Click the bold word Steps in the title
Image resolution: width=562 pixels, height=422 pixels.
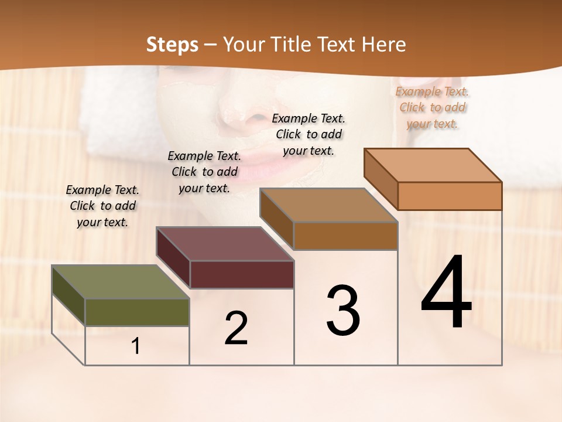pyautogui.click(x=172, y=45)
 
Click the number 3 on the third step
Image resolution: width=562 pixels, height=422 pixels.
pyautogui.click(x=343, y=310)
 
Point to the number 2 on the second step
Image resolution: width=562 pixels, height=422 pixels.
pyautogui.click(x=236, y=328)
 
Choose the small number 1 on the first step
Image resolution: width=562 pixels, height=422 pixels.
pyautogui.click(x=136, y=346)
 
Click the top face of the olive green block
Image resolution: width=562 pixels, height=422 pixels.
pyautogui.click(x=121, y=282)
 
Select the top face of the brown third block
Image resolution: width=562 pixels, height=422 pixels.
pyautogui.click(x=329, y=205)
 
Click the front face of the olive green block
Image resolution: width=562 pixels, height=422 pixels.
pyautogui.click(x=137, y=312)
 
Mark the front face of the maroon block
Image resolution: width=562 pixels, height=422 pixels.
pyautogui.click(x=241, y=274)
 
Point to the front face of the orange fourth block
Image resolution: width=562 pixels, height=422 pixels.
pyautogui.click(x=450, y=196)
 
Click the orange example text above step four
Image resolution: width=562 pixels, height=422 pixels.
pyautogui.click(x=433, y=108)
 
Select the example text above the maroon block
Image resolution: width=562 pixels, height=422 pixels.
pyautogui.click(x=204, y=172)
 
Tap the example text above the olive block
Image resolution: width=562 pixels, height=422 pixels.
pyautogui.click(x=102, y=206)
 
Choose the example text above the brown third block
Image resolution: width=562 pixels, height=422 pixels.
pyautogui.click(x=309, y=134)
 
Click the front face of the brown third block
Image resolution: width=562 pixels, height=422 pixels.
pyautogui.click(x=345, y=236)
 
